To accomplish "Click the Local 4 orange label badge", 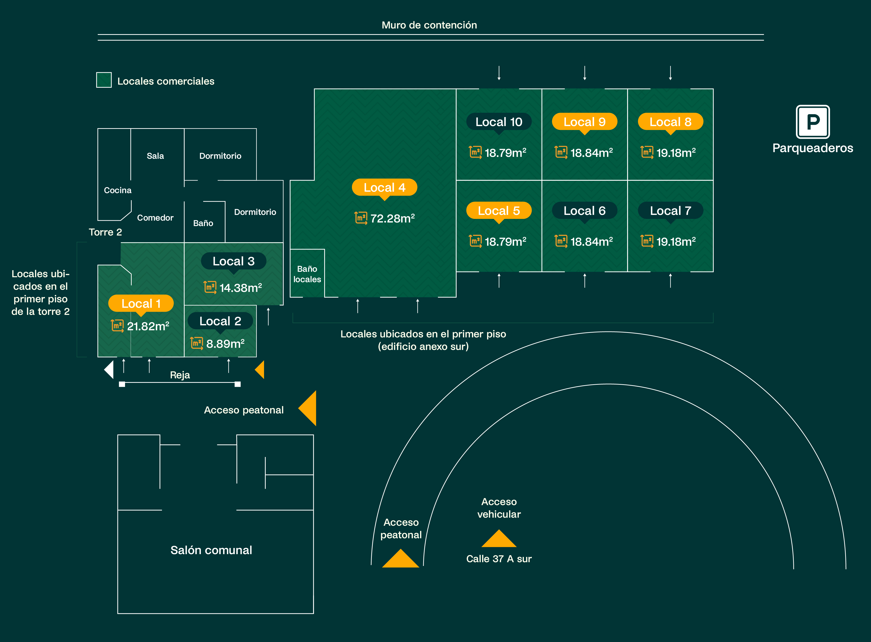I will tap(384, 187).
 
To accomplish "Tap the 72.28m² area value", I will tap(392, 218).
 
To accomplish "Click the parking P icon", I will tap(813, 122).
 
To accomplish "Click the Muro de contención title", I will tap(429, 25).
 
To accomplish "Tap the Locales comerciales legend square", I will tap(104, 80).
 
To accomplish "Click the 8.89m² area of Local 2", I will tap(225, 344).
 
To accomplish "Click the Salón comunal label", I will tap(211, 550).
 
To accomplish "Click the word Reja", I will tap(180, 375).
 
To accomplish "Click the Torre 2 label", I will tap(105, 232).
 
